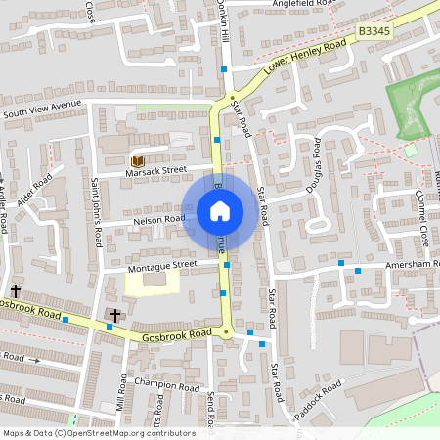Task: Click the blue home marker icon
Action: pos(220,211)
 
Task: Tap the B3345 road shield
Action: pos(374,32)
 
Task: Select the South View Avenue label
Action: pos(41,109)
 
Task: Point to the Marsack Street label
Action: pos(154,170)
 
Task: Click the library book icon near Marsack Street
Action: pos(137,160)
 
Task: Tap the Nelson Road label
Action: pos(158,219)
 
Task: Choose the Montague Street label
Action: pos(162,264)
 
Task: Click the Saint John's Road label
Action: pos(96,209)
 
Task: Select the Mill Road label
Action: pos(120,390)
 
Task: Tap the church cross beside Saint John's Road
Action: pos(115,315)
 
